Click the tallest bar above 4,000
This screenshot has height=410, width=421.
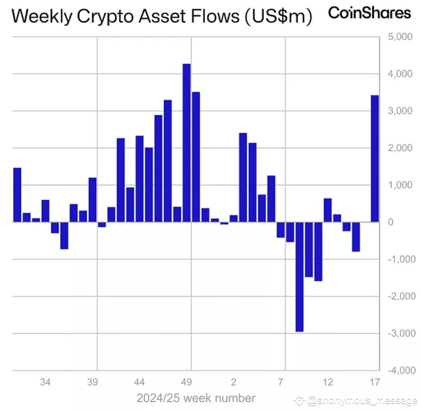[187, 143]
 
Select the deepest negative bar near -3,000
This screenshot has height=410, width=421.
[299, 277]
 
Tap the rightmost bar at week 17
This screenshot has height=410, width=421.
[375, 159]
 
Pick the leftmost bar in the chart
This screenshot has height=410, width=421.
[17, 195]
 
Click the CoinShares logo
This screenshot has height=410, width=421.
[369, 13]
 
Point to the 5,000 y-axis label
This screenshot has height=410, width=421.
[400, 37]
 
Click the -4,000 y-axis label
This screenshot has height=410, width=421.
[402, 370]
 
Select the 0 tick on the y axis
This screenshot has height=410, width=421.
[391, 222]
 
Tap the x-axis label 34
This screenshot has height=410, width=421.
[45, 382]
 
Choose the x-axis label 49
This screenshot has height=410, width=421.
[186, 382]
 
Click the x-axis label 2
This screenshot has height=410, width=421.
[234, 382]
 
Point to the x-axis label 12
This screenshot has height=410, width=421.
[328, 382]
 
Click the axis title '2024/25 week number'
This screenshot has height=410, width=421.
[196, 398]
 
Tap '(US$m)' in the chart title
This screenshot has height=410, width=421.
[278, 17]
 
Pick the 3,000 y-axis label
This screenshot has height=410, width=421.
[400, 111]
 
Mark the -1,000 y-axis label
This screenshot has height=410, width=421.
[402, 259]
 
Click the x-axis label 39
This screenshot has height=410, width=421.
[92, 382]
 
